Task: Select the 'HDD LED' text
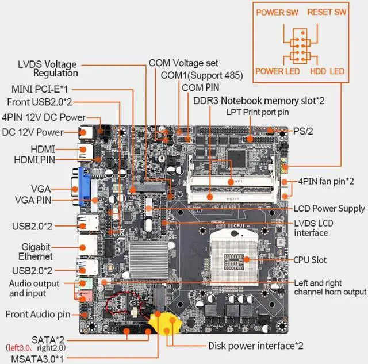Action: [327, 71]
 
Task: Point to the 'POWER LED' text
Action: [277, 71]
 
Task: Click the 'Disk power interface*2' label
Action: [255, 346]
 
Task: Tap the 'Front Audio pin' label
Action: [38, 315]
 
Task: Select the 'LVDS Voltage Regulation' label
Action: [47, 68]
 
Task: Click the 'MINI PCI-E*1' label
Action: [39, 89]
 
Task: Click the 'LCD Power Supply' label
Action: [329, 208]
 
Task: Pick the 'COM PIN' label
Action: [201, 87]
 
